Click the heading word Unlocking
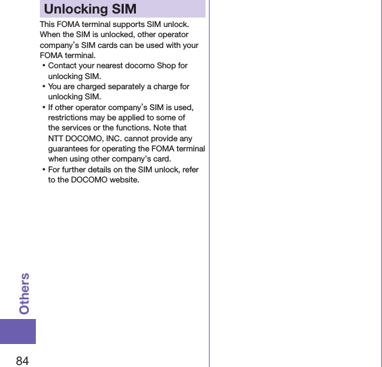75,9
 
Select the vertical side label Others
24,294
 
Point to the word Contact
63,66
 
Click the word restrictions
70,118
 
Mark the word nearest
118,66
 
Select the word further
77,170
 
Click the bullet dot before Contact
43,66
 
